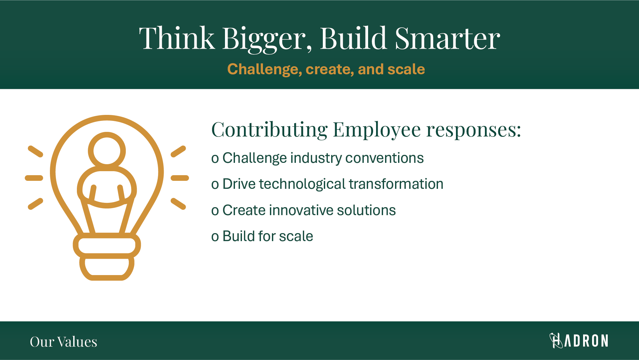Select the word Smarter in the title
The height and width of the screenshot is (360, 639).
pos(447,38)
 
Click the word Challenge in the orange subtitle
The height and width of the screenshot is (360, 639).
pos(265,70)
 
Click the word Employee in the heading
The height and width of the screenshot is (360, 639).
pos(377,130)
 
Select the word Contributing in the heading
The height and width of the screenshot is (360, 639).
pos(270,130)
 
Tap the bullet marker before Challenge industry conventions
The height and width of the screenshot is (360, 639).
pos(215,159)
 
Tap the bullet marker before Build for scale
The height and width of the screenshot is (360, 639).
pos(215,237)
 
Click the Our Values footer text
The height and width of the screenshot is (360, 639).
pos(64,342)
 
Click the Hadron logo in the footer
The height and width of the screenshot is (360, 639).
pos(579,340)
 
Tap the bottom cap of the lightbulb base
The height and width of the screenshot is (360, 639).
pos(107,268)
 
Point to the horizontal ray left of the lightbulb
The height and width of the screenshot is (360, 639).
pos(34,178)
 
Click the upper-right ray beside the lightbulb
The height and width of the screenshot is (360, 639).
pos(178,151)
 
